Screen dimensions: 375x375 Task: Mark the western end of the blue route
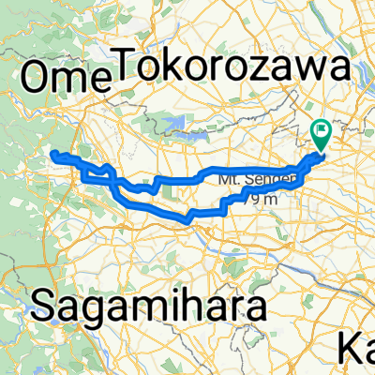pos(53,153)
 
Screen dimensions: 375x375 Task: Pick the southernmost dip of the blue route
pos(187,221)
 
